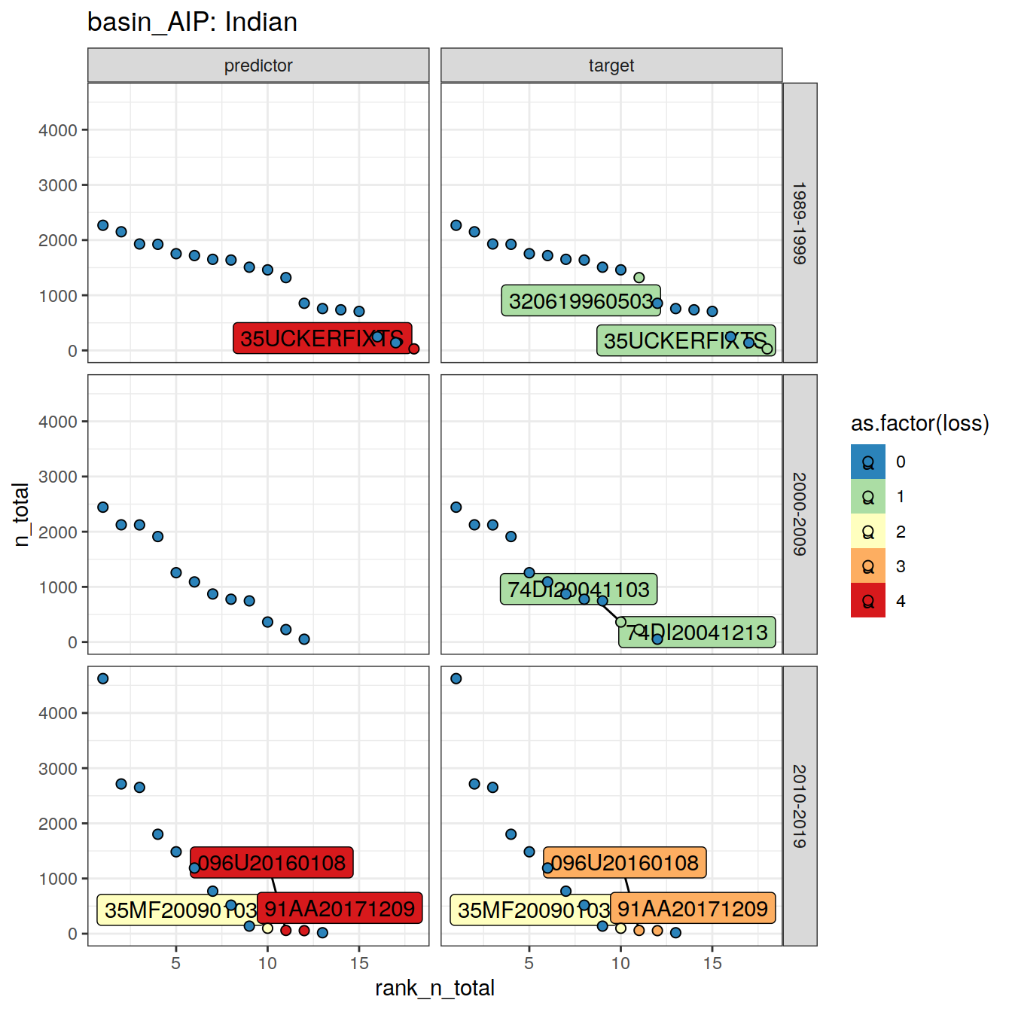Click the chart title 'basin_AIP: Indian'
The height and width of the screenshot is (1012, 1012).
tap(192, 22)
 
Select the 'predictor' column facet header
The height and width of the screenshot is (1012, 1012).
tap(258, 66)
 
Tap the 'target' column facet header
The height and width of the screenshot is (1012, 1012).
tap(611, 66)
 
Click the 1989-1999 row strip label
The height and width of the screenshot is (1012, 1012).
tap(800, 223)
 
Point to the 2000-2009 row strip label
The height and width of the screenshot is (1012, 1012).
tap(800, 514)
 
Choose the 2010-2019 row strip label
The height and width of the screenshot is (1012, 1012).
tap(800, 806)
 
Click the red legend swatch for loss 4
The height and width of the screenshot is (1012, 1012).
tap(868, 601)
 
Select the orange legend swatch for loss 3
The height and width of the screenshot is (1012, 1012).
tap(868, 566)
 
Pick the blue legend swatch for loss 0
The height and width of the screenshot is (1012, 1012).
tap(868, 462)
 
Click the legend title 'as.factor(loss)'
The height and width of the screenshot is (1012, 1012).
tap(919, 423)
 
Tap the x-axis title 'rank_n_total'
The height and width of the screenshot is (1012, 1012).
tap(434, 988)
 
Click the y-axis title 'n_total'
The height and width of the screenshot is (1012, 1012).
tap(21, 514)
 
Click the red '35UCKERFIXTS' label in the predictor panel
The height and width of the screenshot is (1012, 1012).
tap(322, 338)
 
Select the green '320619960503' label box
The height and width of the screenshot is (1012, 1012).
tap(581, 300)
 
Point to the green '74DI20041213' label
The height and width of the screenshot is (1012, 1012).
tap(697, 632)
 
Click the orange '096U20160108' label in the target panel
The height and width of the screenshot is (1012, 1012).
tap(625, 862)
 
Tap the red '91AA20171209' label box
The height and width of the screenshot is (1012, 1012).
tap(340, 908)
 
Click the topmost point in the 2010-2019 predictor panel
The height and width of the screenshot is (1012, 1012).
tap(103, 678)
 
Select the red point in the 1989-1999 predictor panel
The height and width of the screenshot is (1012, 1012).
tap(413, 349)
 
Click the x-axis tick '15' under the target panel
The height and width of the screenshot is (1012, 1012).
tap(712, 963)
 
